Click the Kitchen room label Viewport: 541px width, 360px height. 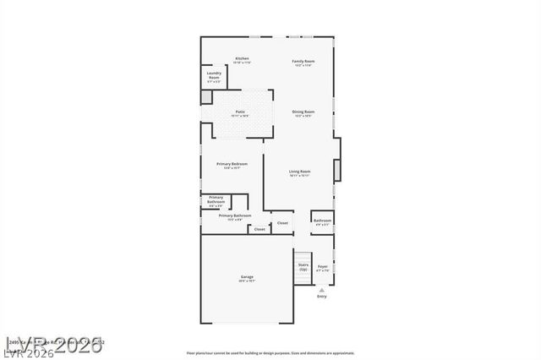coord(241,58)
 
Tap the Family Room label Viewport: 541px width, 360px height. coord(303,61)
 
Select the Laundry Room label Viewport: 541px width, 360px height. coord(214,75)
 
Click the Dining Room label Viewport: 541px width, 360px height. coord(303,112)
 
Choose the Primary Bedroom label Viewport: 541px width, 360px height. coord(232,163)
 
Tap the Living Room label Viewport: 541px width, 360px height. coord(299,172)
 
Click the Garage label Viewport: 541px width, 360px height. coord(247,276)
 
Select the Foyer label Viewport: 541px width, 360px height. coord(322,266)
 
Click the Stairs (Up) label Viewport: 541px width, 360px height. coord(303,266)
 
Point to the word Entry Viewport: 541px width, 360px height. coord(321,297)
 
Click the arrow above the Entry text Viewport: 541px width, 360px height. coord(321,289)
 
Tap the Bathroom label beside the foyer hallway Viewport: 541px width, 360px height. coord(322,221)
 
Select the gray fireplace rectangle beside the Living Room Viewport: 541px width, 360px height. coord(338,170)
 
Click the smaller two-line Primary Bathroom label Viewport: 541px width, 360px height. coord(216,199)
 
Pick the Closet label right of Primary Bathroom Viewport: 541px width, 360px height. coord(282,223)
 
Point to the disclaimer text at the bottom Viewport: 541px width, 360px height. coord(270,353)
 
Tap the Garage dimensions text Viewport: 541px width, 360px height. coord(247,281)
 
